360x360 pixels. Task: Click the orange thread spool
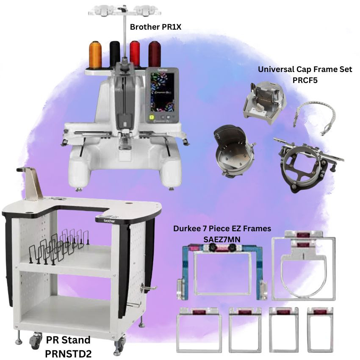pyautogui.click(x=95, y=55)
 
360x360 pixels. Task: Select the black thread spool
pyautogui.click(x=115, y=54)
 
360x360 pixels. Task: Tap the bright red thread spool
pyautogui.click(x=135, y=53)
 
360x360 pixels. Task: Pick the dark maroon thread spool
pyautogui.click(x=155, y=54)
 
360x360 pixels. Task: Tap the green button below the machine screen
pyautogui.click(x=152, y=117)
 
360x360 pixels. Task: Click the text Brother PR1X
pyautogui.click(x=155, y=27)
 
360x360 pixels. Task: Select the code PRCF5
pyautogui.click(x=305, y=80)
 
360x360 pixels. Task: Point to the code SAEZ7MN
pyautogui.click(x=222, y=239)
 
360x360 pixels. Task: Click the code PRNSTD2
pyautogui.click(x=68, y=354)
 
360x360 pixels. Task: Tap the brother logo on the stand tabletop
pyautogui.click(x=109, y=221)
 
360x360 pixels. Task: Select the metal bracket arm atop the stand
pyautogui.click(x=31, y=183)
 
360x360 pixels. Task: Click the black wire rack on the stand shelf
pyautogui.click(x=59, y=247)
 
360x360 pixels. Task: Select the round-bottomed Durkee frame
pyautogui.click(x=304, y=266)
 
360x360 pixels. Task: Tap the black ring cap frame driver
pyautogui.click(x=307, y=166)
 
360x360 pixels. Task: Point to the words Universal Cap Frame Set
pyautogui.click(x=305, y=69)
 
